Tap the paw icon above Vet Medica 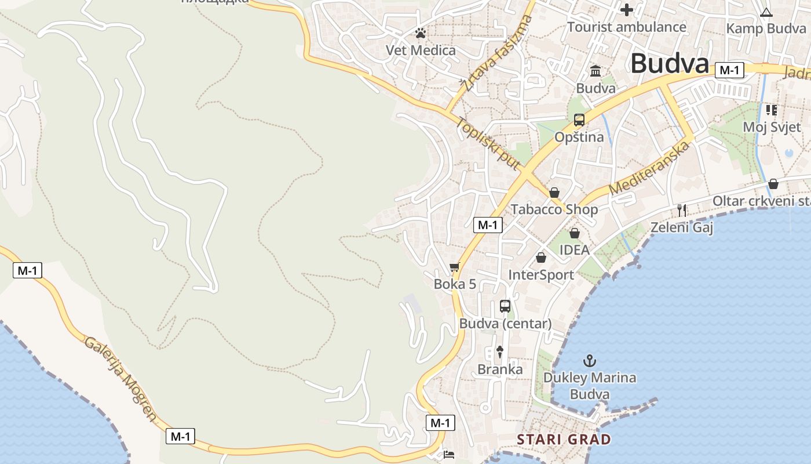tap(421, 34)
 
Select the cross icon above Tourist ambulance tap(626, 10)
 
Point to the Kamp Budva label tap(766, 28)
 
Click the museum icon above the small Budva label tap(595, 71)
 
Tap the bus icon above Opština tap(579, 120)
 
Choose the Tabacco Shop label tap(554, 209)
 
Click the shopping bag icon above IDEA tap(574, 233)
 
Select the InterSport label tap(541, 275)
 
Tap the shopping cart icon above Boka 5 tap(454, 267)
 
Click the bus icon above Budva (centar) tap(505, 306)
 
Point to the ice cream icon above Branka tap(500, 351)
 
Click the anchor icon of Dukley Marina tap(589, 361)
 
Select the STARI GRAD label tap(564, 439)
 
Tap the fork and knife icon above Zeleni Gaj tap(682, 210)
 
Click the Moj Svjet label tap(771, 127)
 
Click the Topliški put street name tap(488, 144)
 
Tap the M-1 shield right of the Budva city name tap(729, 70)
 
